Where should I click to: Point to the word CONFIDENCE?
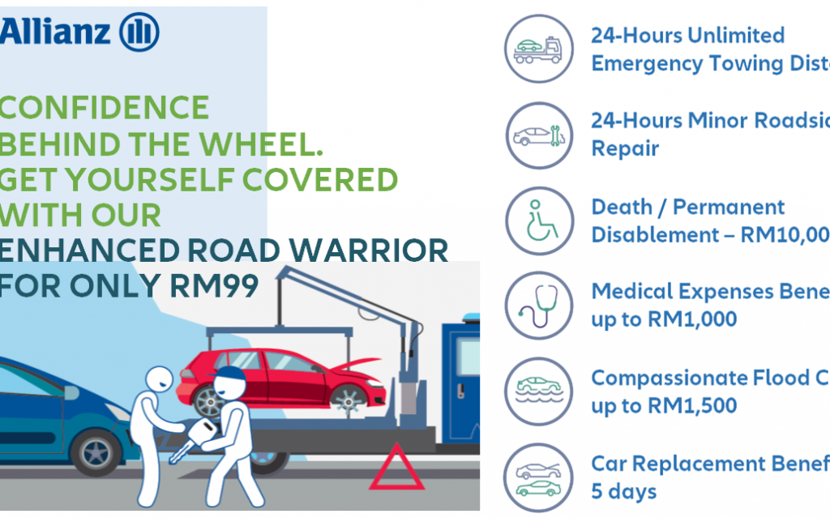point(105,108)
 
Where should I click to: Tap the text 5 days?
point(624,491)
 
